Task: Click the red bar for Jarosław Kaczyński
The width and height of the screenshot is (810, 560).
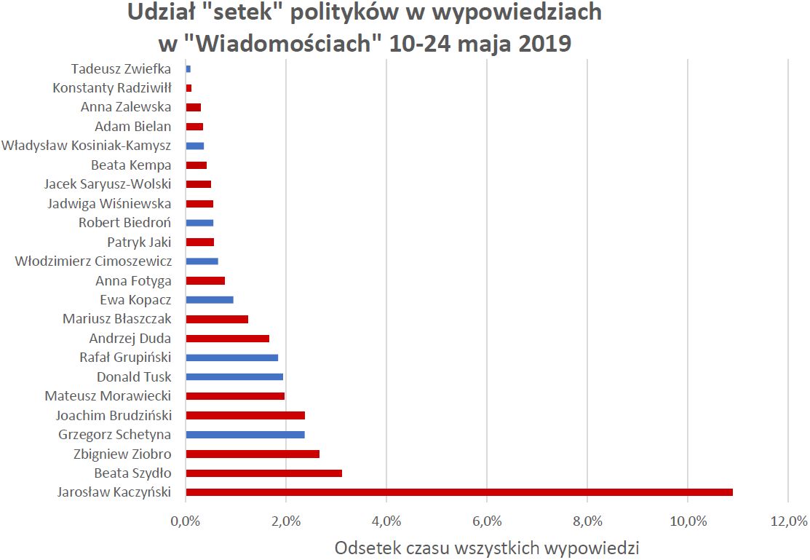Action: (458, 492)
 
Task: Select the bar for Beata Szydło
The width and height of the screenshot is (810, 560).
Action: (263, 473)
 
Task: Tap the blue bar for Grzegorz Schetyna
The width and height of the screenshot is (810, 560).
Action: (245, 435)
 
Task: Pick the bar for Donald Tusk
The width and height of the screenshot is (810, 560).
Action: (234, 376)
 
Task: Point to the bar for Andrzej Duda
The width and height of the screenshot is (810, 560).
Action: (227, 338)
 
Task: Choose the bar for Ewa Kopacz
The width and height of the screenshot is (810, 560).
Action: (210, 299)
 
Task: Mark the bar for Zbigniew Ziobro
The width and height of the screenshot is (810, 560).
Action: (253, 454)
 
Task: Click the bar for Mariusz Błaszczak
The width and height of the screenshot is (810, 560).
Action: (217, 319)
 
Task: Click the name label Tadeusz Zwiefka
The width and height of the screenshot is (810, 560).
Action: (121, 69)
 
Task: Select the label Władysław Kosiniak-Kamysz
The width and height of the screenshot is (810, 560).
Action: (87, 146)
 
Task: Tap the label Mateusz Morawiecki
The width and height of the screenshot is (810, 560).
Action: (108, 396)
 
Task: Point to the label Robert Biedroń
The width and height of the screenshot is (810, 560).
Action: (125, 223)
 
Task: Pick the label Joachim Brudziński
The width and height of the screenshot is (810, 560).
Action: (114, 416)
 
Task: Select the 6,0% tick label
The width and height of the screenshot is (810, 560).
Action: (487, 521)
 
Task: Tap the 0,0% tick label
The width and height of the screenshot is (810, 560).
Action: (186, 521)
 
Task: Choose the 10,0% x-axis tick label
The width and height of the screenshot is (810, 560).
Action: (688, 521)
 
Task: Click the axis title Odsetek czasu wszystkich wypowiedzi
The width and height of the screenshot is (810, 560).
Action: (486, 548)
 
